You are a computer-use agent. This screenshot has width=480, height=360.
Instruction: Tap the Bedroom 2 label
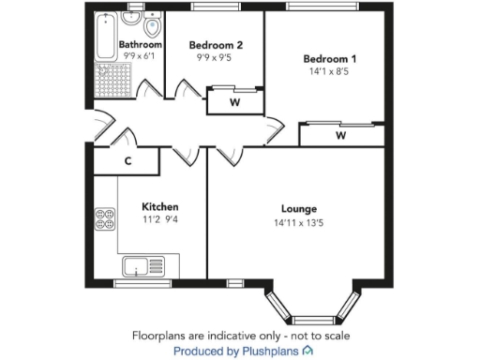216,44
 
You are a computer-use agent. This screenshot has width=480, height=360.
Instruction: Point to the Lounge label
299,208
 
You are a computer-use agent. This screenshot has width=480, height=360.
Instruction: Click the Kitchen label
159,206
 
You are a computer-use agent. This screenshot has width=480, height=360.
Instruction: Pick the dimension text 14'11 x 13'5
299,223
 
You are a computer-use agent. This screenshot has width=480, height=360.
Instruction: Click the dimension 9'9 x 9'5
216,57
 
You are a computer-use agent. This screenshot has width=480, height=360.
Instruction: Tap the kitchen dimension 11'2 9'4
159,220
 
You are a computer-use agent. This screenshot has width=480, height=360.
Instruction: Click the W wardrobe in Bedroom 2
233,102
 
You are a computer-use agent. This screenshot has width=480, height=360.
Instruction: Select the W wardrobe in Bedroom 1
340,136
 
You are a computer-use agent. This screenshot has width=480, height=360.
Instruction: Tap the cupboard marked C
127,161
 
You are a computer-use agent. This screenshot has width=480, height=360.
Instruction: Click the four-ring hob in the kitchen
105,219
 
